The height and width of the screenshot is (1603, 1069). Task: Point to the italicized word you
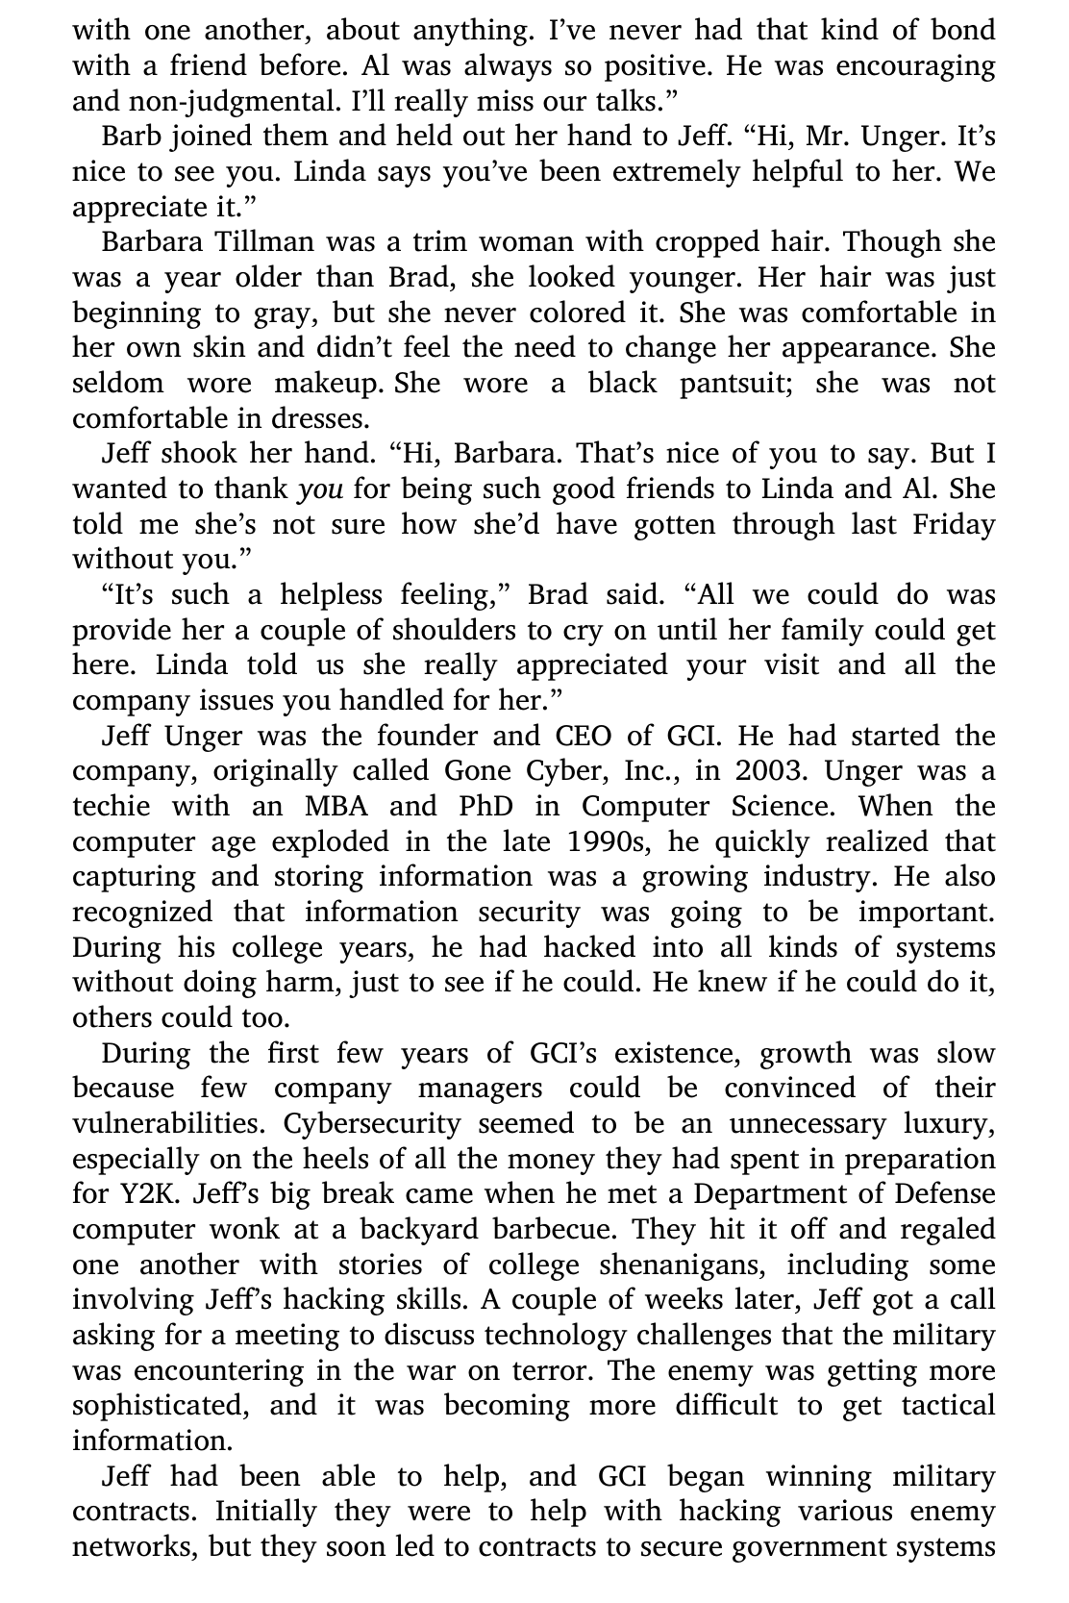pyautogui.click(x=320, y=489)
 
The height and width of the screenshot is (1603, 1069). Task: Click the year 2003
pyautogui.click(x=773, y=772)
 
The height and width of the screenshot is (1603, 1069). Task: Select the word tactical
pyautogui.click(x=947, y=1406)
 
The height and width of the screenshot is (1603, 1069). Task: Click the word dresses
pyautogui.click(x=322, y=419)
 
